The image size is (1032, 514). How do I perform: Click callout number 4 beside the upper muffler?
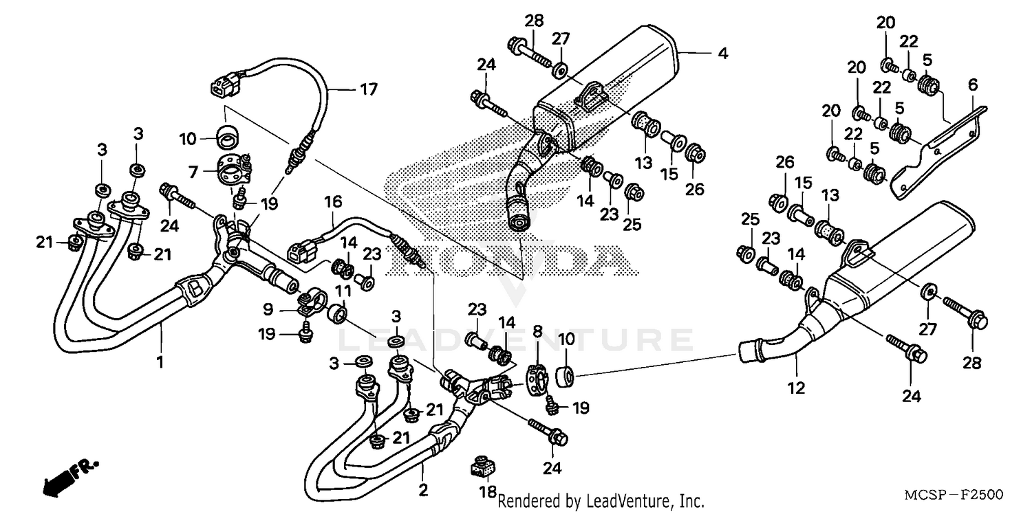722,53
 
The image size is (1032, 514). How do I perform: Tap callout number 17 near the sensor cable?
368,89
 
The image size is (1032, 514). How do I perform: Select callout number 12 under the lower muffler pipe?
796,388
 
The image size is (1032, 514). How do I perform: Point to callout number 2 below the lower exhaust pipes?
423,491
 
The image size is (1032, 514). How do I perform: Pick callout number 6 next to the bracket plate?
972,85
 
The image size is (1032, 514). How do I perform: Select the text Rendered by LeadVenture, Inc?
601,500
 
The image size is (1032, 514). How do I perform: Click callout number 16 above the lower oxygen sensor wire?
333,201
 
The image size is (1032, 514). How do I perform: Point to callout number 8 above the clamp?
537,331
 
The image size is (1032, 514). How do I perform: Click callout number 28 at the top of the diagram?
534,21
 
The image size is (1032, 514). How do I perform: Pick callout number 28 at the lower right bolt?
971,363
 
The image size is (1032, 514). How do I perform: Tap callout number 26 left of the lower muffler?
784,162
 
